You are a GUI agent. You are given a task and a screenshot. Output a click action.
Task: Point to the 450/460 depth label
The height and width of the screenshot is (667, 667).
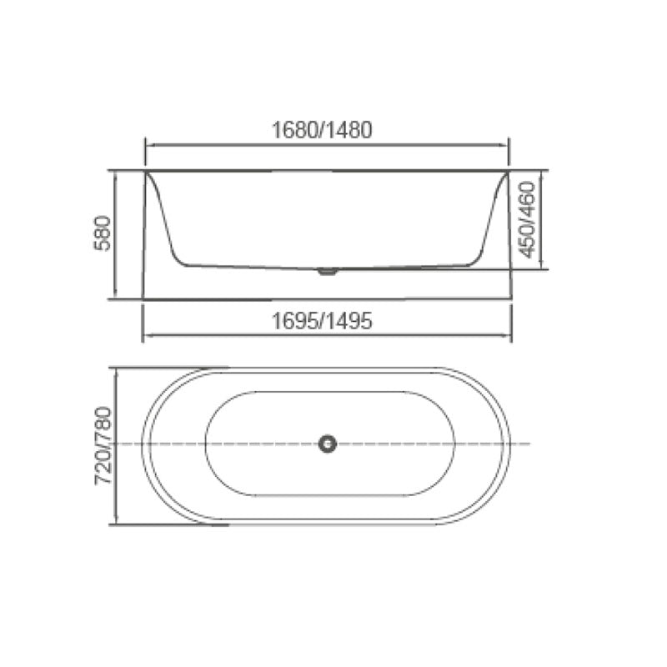(525, 220)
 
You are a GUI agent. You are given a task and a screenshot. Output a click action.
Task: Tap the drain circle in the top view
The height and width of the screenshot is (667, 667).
(328, 444)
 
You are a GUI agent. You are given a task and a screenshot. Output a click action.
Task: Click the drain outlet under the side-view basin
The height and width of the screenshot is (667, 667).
(328, 270)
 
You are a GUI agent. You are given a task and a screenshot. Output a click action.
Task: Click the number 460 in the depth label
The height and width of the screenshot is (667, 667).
(525, 197)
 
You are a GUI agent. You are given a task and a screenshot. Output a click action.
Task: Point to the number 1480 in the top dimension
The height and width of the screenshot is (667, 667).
(349, 130)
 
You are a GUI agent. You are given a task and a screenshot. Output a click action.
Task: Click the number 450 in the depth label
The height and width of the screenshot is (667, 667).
(525, 242)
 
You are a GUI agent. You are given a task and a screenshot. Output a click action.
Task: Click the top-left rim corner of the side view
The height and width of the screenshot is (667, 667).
(146, 171)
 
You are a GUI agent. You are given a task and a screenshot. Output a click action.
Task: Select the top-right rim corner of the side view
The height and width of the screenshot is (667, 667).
(509, 171)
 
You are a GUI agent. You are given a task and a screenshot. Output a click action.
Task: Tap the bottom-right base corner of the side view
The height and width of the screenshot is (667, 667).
(510, 298)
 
